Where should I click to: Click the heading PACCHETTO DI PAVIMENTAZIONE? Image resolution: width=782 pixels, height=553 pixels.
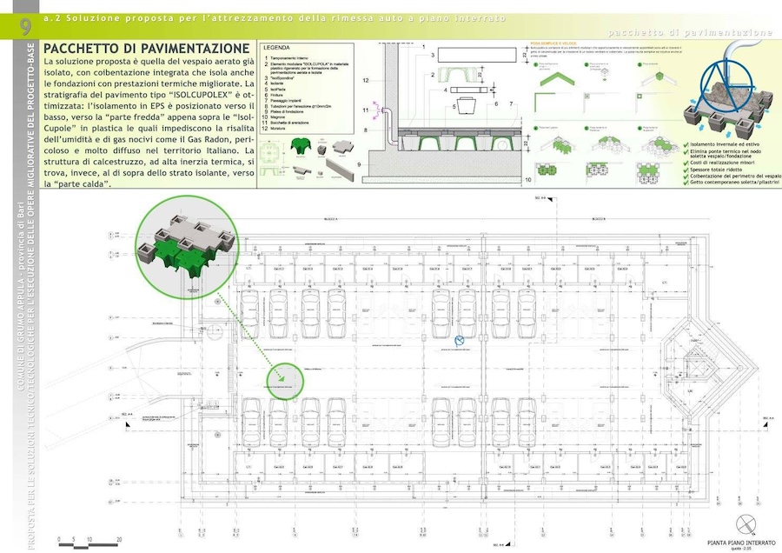click(146, 49)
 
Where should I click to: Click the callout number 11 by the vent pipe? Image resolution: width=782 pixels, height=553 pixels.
click(366, 111)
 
